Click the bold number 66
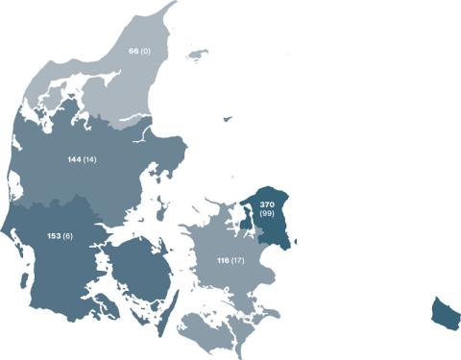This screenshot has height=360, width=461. (x=133, y=50)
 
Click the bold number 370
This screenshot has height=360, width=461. (x=269, y=204)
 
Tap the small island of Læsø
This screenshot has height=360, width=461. (x=200, y=55)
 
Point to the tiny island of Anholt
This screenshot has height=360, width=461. (x=228, y=119)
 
